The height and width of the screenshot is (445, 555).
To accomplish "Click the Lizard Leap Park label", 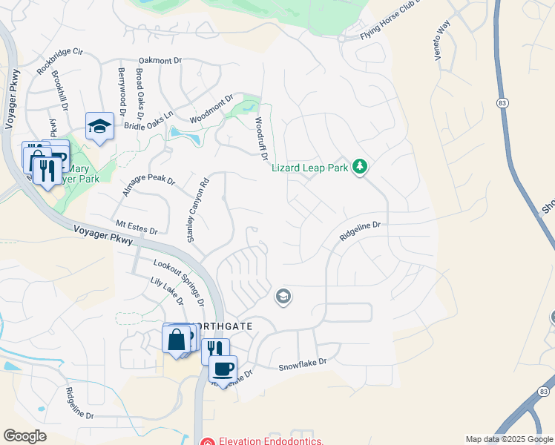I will [309, 168].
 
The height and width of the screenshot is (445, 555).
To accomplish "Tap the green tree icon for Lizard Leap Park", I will [360, 166].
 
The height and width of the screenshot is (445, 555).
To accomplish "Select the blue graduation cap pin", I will [99, 126].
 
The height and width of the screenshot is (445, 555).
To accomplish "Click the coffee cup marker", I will [223, 368].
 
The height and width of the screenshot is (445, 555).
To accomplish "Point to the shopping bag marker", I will [177, 340].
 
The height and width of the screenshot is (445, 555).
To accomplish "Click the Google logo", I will [24, 436].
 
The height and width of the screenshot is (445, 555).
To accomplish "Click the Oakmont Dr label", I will [160, 61].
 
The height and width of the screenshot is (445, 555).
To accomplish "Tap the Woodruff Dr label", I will [260, 137].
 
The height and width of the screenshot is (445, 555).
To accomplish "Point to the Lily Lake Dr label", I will [167, 291].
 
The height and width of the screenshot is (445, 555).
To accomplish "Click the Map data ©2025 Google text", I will [509, 439].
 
